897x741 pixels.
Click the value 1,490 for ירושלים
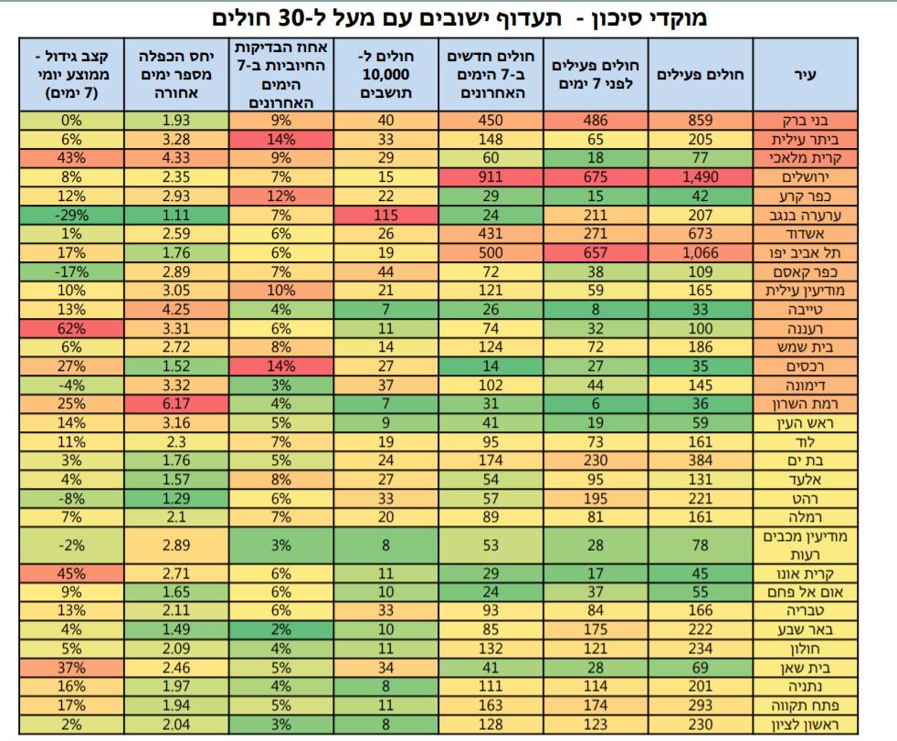click(701, 176)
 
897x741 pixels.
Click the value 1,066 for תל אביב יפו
click(701, 251)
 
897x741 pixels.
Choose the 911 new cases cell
click(491, 176)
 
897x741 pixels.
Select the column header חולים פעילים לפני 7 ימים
click(596, 75)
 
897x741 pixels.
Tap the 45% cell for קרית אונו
click(71, 574)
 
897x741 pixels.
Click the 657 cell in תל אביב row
click(596, 251)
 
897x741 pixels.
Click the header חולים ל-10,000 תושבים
click(386, 75)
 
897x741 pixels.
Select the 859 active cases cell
click(701, 120)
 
